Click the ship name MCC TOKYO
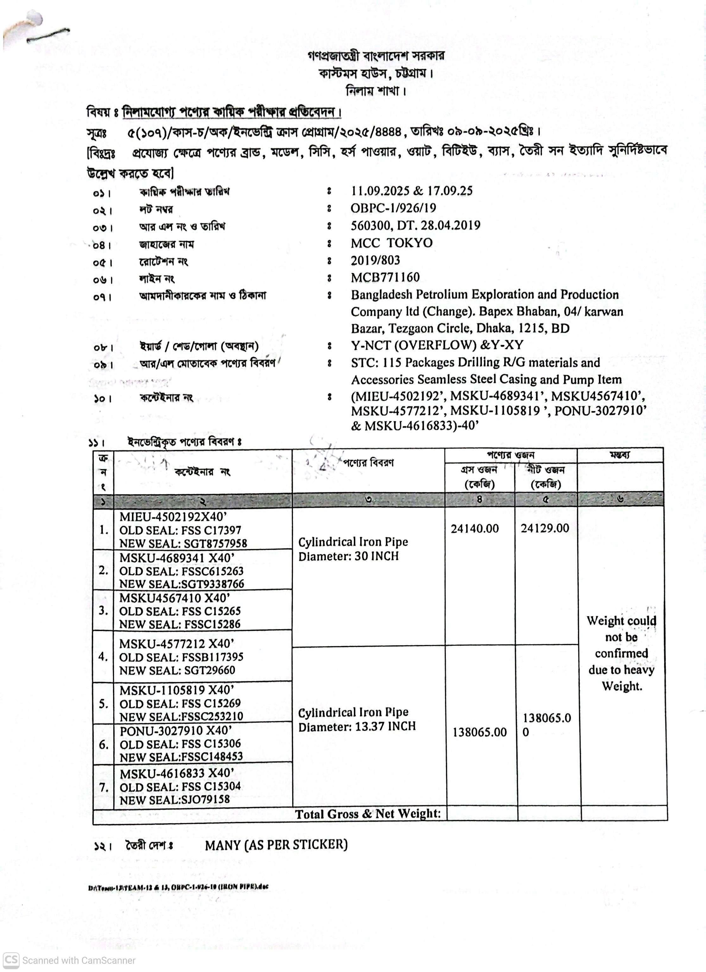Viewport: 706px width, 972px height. [x=391, y=243]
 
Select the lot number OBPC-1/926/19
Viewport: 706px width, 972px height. [x=393, y=208]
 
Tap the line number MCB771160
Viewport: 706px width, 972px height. [x=385, y=277]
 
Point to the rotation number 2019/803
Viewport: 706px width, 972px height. [x=375, y=260]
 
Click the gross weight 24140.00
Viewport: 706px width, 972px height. [x=475, y=529]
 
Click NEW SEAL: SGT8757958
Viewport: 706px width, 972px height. [x=183, y=543]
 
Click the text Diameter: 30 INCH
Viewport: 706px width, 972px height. [x=349, y=556]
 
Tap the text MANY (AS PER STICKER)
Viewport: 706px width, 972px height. [x=276, y=845]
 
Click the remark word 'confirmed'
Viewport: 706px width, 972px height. [x=621, y=653]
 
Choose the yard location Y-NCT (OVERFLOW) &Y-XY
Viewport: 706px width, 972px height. [x=437, y=345]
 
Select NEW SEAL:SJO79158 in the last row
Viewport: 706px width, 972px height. [x=174, y=799]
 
